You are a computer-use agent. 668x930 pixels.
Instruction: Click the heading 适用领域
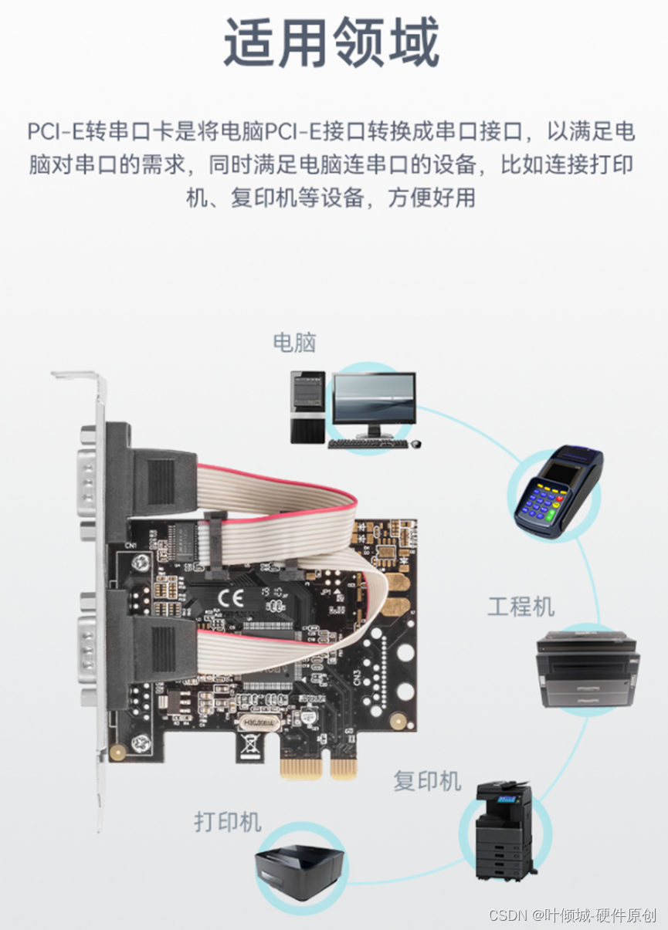coord(332,43)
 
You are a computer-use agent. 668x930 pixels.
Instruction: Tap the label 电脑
coord(294,343)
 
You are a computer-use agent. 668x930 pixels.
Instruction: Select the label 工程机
coord(520,607)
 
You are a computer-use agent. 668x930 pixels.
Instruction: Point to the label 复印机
coord(427,780)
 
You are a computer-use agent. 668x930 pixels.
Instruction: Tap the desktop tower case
coord(307,406)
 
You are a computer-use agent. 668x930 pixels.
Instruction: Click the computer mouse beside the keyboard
coord(416,445)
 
